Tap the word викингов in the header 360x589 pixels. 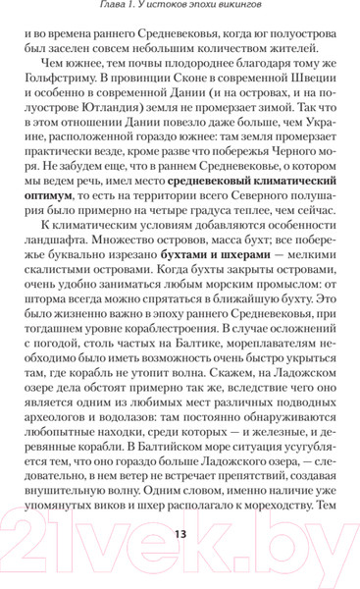point(254,9)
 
